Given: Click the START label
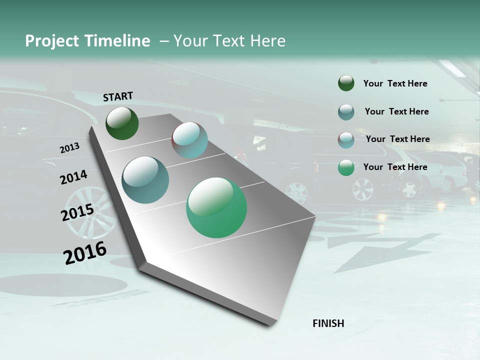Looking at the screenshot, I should click(118, 96).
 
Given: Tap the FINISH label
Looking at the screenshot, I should click(328, 323).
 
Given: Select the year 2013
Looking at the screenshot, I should click(69, 148).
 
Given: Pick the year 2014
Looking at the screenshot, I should click(73, 177).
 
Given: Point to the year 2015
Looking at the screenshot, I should click(77, 213).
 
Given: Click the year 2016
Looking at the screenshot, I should click(85, 253).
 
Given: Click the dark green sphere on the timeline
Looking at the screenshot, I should click(122, 123).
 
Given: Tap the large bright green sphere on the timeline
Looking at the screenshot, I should click(216, 207).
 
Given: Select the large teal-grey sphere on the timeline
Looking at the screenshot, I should click(145, 179).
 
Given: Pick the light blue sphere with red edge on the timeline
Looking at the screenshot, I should click(189, 140).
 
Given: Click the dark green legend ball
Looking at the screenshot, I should click(346, 83).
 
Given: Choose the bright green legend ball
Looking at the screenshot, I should click(346, 167).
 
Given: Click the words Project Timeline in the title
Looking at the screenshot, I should click(87, 41).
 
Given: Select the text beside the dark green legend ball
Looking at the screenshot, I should click(395, 83).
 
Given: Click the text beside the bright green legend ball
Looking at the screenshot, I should click(395, 167).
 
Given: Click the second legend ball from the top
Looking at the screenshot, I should click(346, 112).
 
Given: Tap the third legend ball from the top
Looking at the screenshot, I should click(346, 140).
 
